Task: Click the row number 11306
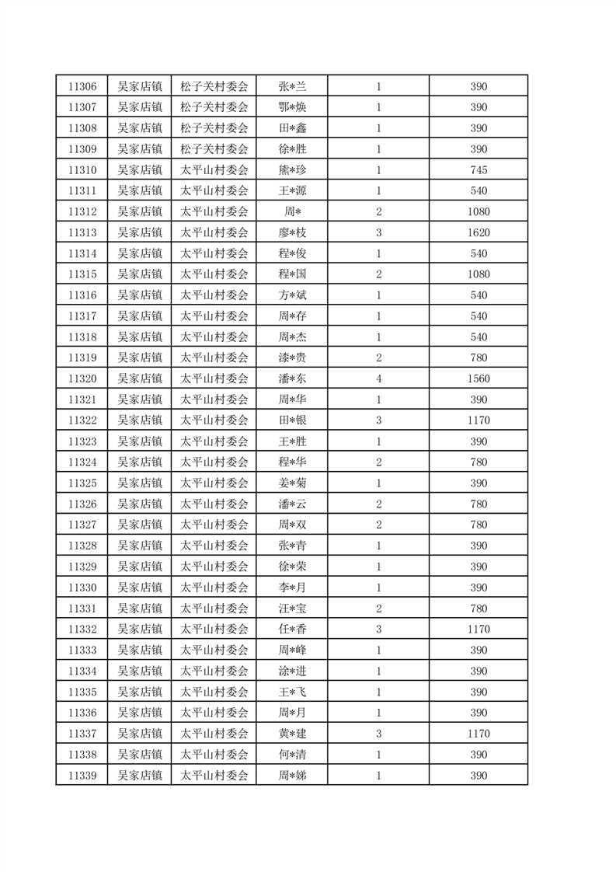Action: point(82,86)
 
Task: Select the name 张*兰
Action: point(292,86)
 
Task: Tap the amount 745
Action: point(479,170)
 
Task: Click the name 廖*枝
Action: point(292,232)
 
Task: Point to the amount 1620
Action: point(479,232)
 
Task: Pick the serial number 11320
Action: point(82,378)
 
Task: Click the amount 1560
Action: point(479,378)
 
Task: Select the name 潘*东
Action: point(292,378)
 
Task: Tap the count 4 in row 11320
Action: point(378,378)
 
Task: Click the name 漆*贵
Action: point(292,358)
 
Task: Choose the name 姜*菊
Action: point(292,483)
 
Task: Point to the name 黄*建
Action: point(292,733)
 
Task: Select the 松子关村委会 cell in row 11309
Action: point(214,149)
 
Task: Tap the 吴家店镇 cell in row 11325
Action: point(140,483)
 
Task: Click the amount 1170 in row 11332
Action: point(479,629)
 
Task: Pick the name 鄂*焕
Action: point(292,107)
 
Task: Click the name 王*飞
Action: point(292,692)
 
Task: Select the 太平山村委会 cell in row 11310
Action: point(214,170)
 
